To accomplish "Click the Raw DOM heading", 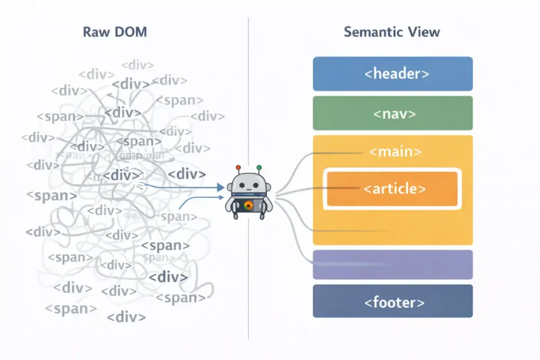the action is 114,32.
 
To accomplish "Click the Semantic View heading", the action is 392,32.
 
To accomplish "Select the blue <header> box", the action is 392,74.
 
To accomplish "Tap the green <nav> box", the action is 392,113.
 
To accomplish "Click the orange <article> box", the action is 392,189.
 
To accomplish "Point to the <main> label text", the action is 395,152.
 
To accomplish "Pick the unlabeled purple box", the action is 392,264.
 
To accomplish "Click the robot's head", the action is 248,186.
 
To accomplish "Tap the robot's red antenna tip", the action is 238,168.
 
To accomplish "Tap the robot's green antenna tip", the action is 259,168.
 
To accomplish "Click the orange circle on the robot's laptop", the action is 248,206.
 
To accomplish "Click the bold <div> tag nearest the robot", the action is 187,174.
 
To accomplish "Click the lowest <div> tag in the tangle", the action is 126,317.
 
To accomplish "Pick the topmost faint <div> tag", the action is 138,65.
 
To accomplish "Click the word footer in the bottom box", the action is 395,303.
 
